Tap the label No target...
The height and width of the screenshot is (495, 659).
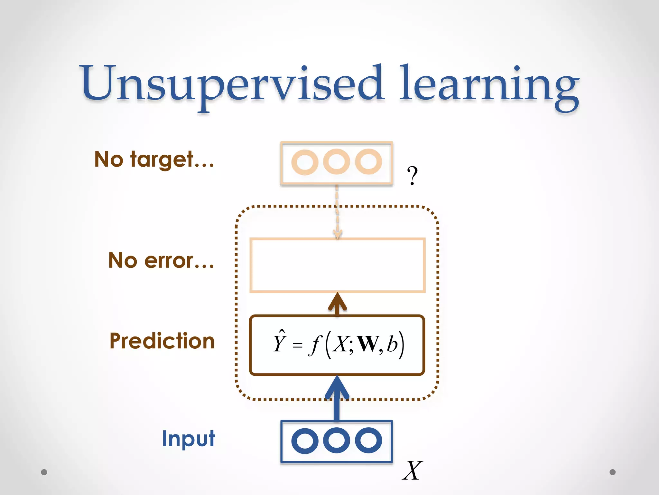coord(154,159)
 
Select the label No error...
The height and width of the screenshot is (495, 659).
coord(161,260)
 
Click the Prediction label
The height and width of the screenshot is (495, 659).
coord(162,341)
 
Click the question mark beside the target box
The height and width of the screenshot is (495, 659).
coord(412,176)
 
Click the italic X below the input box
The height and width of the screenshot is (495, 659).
coord(412,471)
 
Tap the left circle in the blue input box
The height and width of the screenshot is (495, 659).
coord(304,441)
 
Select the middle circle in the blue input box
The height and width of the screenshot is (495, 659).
coord(336,441)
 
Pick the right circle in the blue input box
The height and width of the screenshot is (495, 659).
coord(368,441)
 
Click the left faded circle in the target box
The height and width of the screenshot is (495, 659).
coord(304,162)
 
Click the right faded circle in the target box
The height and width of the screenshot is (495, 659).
coord(368,161)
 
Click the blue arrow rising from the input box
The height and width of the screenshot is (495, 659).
coord(337,400)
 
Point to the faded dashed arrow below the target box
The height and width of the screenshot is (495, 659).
coord(337,213)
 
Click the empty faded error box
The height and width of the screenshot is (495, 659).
coord(337,265)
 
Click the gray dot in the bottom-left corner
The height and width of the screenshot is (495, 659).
coord(44,472)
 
